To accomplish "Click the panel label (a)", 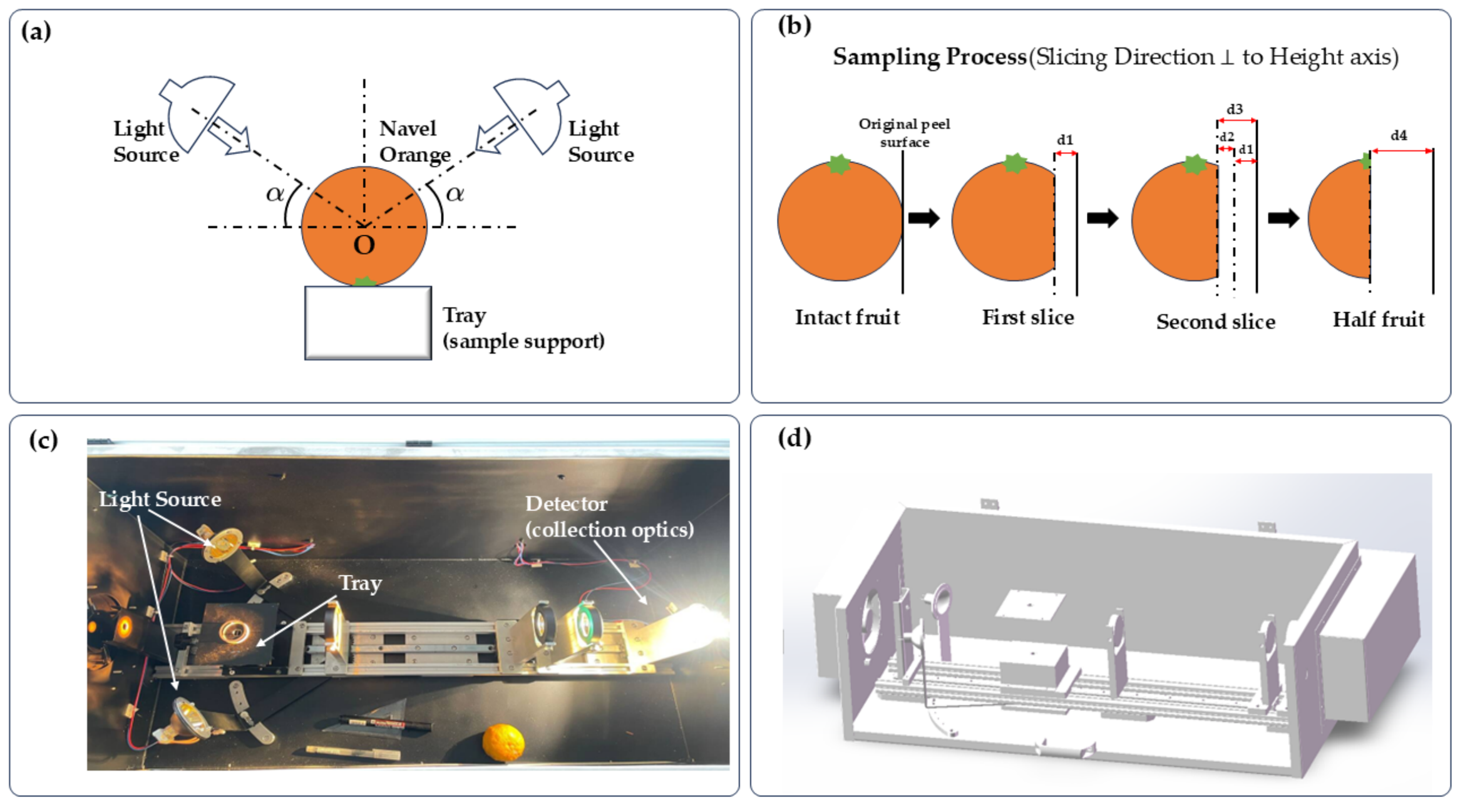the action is click(x=36, y=31).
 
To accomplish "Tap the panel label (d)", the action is click(x=794, y=438).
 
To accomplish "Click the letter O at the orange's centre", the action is click(x=364, y=245).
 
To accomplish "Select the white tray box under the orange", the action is click(x=368, y=323).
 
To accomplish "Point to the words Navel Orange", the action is click(x=414, y=141).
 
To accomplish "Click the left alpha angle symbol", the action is click(x=275, y=193).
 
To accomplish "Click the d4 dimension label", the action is click(x=1399, y=135).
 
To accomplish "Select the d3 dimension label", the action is click(x=1235, y=109).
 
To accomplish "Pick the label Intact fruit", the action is click(x=847, y=317).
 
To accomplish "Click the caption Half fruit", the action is click(x=1379, y=319).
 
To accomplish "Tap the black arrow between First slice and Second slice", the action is click(x=1103, y=218).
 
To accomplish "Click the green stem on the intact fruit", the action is click(x=839, y=164).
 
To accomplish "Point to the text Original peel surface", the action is click(x=904, y=133).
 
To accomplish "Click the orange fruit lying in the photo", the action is click(x=503, y=742).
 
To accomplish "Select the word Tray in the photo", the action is click(x=360, y=583).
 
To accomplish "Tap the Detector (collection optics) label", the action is click(x=609, y=516).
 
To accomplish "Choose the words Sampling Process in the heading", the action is click(x=930, y=57).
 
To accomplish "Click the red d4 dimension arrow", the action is click(x=1402, y=151).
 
